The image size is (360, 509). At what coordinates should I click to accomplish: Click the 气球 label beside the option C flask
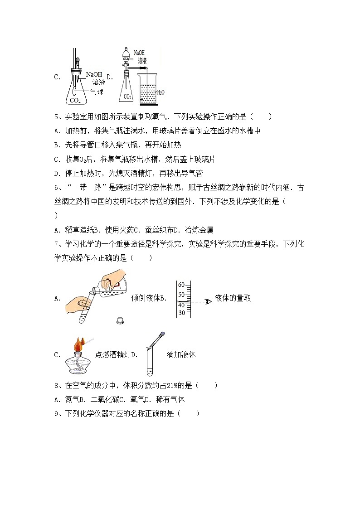click(97, 92)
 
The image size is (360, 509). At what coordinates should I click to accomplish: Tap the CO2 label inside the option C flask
click(75, 100)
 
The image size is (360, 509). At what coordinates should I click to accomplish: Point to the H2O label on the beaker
click(161, 92)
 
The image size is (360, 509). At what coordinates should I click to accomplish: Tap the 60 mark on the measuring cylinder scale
click(182, 285)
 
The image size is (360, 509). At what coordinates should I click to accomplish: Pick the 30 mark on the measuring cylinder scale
click(182, 313)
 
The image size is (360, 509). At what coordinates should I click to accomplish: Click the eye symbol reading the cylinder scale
click(208, 301)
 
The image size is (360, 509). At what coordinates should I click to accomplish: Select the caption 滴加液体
click(181, 355)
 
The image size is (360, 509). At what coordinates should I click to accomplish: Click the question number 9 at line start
click(57, 413)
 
